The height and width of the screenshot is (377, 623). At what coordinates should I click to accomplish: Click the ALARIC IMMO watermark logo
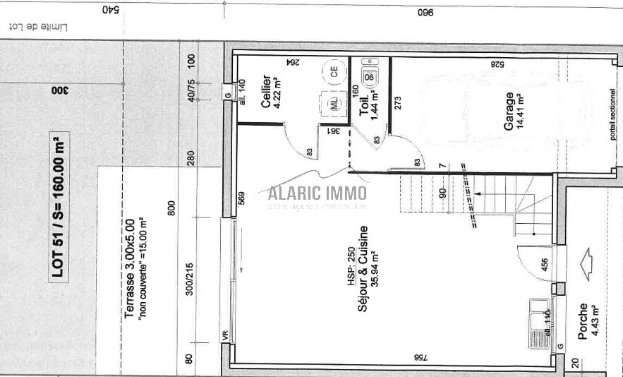[317, 191]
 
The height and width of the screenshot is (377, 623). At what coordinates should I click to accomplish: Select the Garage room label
[508, 111]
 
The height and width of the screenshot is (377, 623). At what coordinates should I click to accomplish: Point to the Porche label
[583, 322]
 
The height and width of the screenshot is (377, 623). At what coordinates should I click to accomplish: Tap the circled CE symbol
[333, 70]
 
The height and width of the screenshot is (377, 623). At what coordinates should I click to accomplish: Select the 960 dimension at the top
[425, 13]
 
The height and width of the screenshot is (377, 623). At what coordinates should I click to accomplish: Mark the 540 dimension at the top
[108, 10]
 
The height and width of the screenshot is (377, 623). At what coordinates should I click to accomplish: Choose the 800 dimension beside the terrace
[171, 209]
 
